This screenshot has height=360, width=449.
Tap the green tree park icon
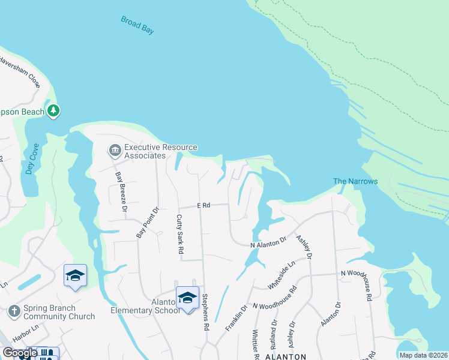[x=53, y=110]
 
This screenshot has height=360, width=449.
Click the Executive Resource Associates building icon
[x=114, y=149]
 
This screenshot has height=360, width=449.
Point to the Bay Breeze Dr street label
[x=121, y=192]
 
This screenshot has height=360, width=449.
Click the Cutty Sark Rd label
[x=179, y=234]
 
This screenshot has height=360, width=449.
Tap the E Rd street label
[x=203, y=205]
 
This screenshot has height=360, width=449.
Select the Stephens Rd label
[x=205, y=311]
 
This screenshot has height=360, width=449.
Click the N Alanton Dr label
[x=268, y=244]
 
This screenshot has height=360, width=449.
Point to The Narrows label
[x=355, y=181]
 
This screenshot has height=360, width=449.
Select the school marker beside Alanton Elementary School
[x=188, y=298]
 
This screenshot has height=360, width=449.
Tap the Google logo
[x=20, y=353]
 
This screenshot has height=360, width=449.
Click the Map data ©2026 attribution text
[x=423, y=355]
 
